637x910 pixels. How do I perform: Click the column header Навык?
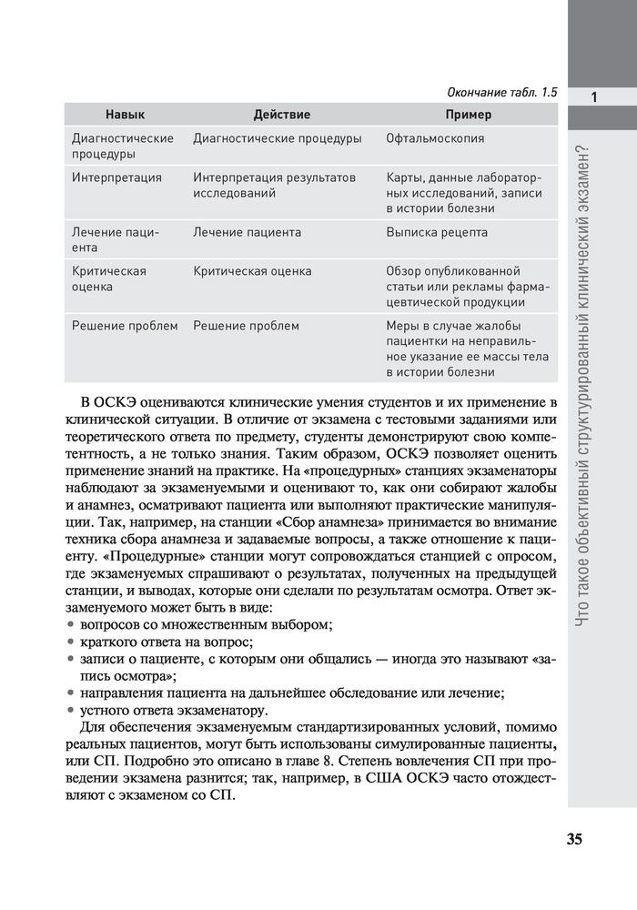click(x=125, y=115)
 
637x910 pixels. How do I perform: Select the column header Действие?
click(x=281, y=115)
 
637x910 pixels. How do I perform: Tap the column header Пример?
click(x=468, y=115)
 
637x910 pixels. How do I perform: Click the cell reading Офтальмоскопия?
click(x=435, y=138)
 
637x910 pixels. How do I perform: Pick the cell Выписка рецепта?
click(x=437, y=232)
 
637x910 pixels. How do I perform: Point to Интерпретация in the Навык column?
click(x=116, y=177)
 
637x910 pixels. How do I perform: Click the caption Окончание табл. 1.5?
click(x=502, y=93)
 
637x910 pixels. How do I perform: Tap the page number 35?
click(x=573, y=839)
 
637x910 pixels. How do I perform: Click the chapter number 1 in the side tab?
click(x=592, y=97)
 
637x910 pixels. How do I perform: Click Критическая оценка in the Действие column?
click(x=252, y=271)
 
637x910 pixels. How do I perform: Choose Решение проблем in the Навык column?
click(x=124, y=325)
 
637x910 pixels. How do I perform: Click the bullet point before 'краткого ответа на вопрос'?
click(x=72, y=642)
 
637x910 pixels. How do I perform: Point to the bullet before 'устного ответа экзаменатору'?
click(x=72, y=710)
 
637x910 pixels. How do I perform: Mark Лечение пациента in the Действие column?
click(x=247, y=232)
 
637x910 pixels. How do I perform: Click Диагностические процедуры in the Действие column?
click(x=278, y=138)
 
